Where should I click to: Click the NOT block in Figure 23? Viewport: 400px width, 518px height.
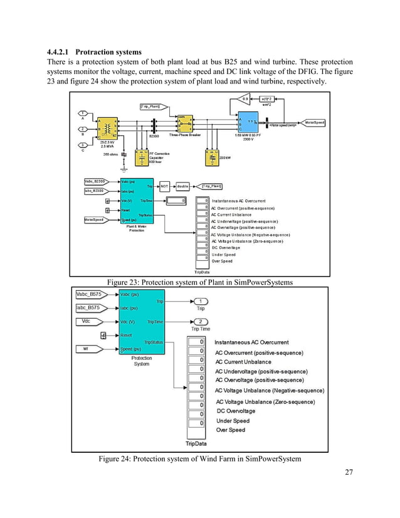pos(165,186)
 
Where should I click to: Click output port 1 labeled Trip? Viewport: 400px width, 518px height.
pos(201,301)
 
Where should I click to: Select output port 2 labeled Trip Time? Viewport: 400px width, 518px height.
pos(201,321)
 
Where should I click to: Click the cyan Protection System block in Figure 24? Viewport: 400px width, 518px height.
pos(142,321)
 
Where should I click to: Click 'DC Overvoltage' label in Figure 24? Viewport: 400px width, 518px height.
pos(236,411)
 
